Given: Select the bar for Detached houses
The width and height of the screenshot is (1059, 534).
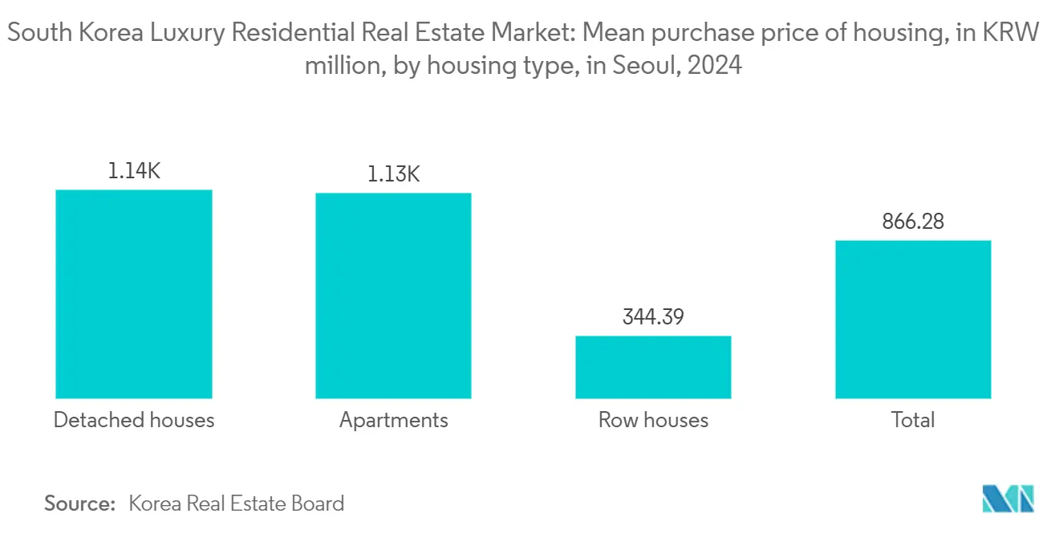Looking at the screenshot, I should [x=133, y=294].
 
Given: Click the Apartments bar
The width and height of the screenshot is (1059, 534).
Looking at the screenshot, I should [x=393, y=296].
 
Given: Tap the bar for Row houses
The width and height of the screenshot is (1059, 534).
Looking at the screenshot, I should [x=653, y=367].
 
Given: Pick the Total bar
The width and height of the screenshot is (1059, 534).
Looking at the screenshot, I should [x=913, y=320].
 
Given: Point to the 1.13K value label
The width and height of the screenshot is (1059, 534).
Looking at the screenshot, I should [x=393, y=173].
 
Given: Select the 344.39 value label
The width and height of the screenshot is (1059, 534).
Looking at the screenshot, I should [x=653, y=316].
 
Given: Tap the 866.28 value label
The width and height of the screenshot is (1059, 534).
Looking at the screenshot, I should [x=913, y=222].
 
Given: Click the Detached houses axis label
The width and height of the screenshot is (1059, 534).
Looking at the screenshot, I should [x=134, y=420].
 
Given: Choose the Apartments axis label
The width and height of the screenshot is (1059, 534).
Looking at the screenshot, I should [x=393, y=420].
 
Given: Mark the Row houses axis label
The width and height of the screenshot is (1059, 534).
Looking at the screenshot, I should [x=653, y=420].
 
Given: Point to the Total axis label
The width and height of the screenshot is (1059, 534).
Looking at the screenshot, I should [x=913, y=420].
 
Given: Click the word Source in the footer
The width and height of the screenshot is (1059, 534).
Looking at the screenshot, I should [x=79, y=503].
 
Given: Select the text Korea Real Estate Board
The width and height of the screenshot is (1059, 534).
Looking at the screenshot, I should [x=236, y=503].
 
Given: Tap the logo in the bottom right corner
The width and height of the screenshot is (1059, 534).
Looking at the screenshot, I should [x=1008, y=499].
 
